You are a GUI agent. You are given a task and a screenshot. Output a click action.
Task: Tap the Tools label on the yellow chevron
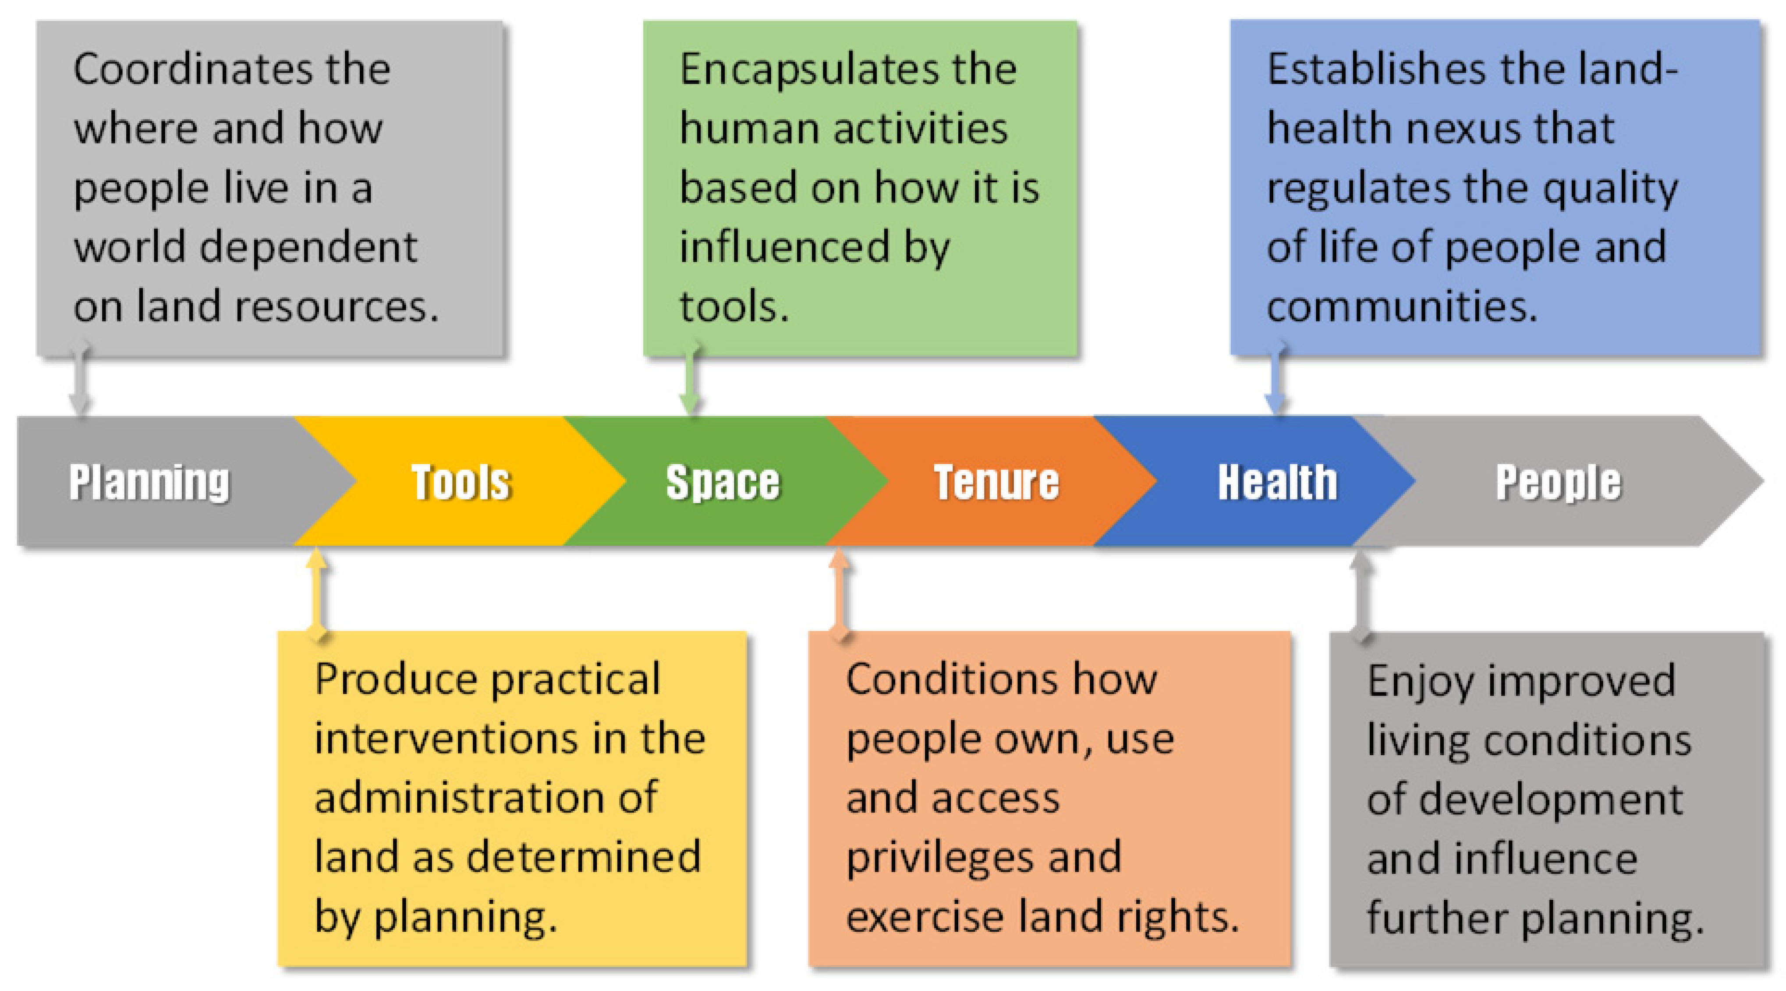coord(461,482)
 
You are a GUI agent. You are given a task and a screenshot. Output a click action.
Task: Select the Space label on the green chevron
coord(723,482)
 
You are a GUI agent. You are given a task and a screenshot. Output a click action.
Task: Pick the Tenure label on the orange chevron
coord(996,482)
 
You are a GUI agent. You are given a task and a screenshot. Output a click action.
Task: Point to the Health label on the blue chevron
coord(1278,482)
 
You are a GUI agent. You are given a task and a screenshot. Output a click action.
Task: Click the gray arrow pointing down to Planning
coord(80,378)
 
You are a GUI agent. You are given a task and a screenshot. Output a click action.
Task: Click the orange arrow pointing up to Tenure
coord(840,593)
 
